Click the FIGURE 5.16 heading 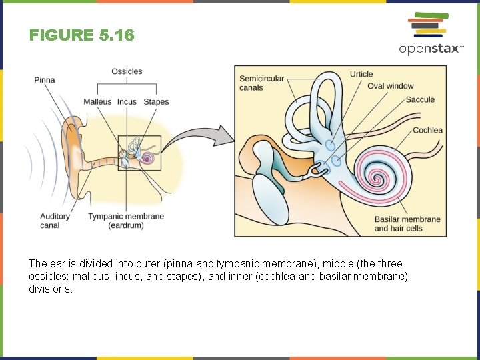tap(81, 35)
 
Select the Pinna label tap(45, 80)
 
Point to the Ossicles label tap(127, 71)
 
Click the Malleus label tap(97, 102)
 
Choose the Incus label tap(127, 102)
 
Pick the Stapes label tap(156, 102)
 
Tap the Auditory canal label tap(55, 221)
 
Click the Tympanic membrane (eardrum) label tap(126, 221)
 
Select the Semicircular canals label tap(261, 83)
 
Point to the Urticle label tap(361, 74)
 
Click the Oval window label tap(390, 86)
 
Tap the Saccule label tap(420, 99)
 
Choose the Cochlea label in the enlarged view tap(427, 130)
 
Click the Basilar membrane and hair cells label tap(407, 224)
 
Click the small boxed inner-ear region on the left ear tap(139, 153)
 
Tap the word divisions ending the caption tap(50, 289)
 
